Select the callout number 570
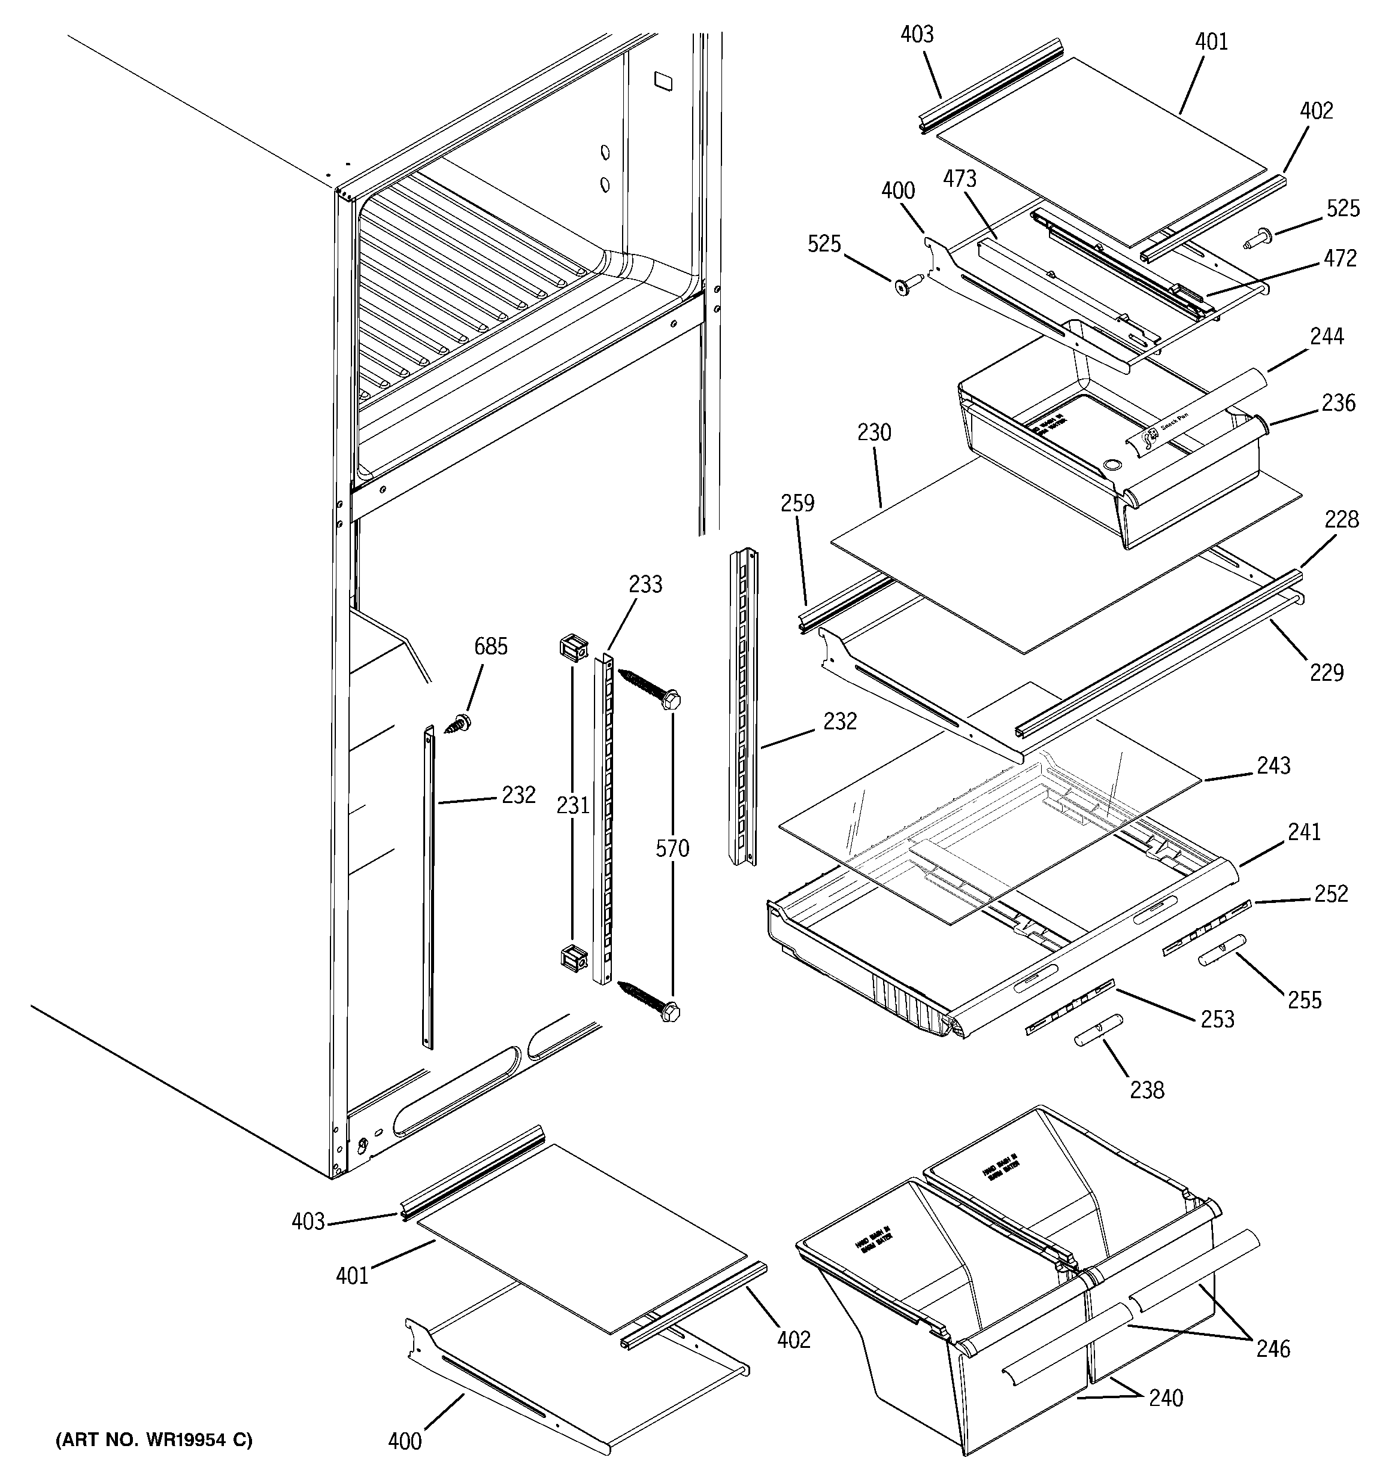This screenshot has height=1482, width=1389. pyautogui.click(x=672, y=848)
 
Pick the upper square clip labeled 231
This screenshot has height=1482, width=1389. pyautogui.click(x=572, y=648)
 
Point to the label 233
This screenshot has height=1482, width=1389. pyautogui.click(x=645, y=584)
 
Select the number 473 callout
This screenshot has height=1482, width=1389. pyautogui.click(x=960, y=179)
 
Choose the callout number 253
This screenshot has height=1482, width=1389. pyautogui.click(x=1218, y=1019)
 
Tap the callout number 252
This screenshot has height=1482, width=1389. pyautogui.click(x=1332, y=894)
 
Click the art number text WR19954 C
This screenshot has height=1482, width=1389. pyautogui.click(x=154, y=1440)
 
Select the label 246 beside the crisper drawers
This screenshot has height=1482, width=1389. pyautogui.click(x=1273, y=1348)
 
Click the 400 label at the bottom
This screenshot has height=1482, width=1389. pyautogui.click(x=405, y=1441)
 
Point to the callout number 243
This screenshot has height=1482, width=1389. pyautogui.click(x=1273, y=766)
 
